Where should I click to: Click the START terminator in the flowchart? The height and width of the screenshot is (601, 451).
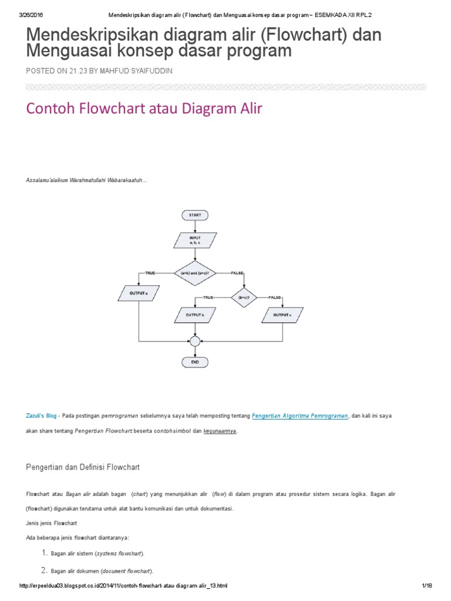click(195, 215)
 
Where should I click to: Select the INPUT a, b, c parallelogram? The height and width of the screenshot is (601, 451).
click(195, 240)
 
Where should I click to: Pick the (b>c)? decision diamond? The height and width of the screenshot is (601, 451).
click(244, 298)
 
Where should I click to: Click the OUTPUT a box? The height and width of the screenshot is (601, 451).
click(139, 292)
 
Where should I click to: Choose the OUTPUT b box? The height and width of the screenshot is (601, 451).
click(195, 316)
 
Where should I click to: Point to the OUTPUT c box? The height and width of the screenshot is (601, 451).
click(282, 316)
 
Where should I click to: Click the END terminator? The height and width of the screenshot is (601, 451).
click(195, 363)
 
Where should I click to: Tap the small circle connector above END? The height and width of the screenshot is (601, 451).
click(195, 341)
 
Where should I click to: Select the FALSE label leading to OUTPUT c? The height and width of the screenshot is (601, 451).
click(275, 298)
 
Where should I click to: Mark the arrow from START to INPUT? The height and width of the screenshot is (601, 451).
click(195, 226)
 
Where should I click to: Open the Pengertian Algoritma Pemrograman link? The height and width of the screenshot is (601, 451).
click(300, 416)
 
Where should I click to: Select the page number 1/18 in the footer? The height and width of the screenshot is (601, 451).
click(426, 586)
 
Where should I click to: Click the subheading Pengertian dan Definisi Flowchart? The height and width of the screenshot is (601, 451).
click(83, 467)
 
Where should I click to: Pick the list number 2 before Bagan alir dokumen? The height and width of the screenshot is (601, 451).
click(43, 570)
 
